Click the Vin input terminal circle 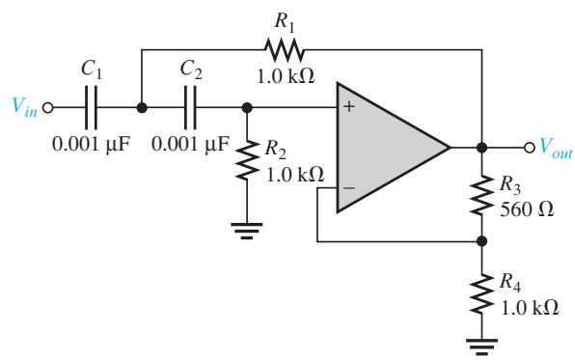(x=47, y=108)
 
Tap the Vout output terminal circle (x=529, y=148)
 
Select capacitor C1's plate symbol (x=91, y=108)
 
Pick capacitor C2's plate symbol (x=190, y=108)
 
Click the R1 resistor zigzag (x=285, y=49)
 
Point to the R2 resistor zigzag (x=247, y=159)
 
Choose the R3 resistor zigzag (x=481, y=195)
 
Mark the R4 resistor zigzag (x=481, y=293)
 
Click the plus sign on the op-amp (x=349, y=107)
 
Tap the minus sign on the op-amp (x=349, y=188)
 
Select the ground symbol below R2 (x=247, y=230)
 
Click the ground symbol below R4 (x=481, y=346)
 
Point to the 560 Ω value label (x=527, y=209)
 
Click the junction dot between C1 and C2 (x=142, y=108)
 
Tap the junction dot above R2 (x=247, y=108)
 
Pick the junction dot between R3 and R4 (x=481, y=241)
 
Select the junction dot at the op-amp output (x=481, y=148)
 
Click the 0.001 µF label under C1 (x=92, y=144)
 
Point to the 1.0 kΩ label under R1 (x=286, y=76)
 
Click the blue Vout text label (x=556, y=148)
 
